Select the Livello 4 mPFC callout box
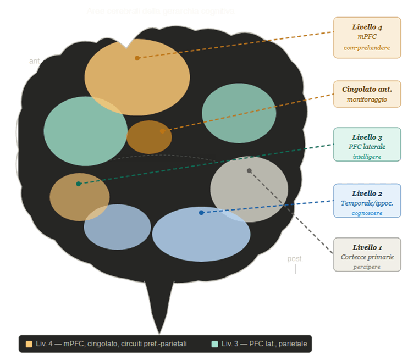click(367, 37)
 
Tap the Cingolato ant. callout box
click(367, 94)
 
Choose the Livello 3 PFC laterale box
click(367, 145)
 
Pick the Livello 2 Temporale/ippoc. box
click(367, 201)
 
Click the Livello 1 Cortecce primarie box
click(367, 254)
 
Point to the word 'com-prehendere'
click(367, 48)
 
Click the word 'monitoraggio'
click(367, 100)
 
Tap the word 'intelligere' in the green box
click(367, 157)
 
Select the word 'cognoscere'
click(367, 213)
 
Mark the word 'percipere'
click(367, 267)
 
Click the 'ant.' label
click(35, 61)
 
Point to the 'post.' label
click(295, 258)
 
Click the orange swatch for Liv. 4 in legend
click(29, 344)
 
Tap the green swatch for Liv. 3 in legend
click(215, 344)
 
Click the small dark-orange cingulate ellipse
click(149, 137)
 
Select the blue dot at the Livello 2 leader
click(201, 212)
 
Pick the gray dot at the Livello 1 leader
click(249, 171)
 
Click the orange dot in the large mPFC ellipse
click(137, 58)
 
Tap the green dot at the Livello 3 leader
click(79, 184)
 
